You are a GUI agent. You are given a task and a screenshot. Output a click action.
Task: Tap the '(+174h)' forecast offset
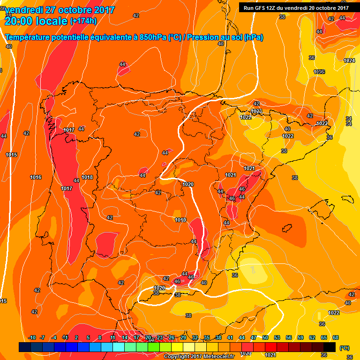[x=83, y=21]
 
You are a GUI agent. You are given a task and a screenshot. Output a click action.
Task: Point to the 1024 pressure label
[x=349, y=61]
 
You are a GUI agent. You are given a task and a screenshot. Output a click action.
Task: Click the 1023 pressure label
[x=256, y=111]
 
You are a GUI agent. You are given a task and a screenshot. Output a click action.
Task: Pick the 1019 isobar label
[x=180, y=220]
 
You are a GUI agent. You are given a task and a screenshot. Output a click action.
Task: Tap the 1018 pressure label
[x=87, y=177]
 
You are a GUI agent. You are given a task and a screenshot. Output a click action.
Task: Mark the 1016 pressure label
[x=36, y=177]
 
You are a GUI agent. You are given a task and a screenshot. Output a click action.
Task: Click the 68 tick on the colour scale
[x=336, y=337]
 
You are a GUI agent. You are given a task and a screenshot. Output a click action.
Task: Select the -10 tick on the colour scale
[x=32, y=337]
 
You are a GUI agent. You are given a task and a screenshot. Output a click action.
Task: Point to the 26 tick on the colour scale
[x=172, y=337]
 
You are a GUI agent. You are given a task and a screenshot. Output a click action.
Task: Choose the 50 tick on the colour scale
[x=265, y=337]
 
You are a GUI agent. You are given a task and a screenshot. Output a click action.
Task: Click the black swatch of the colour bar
[x=330, y=347]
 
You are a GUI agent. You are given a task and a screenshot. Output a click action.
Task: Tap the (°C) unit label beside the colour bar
[x=345, y=348]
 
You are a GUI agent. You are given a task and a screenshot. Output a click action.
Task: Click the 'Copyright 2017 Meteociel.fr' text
[x=199, y=356]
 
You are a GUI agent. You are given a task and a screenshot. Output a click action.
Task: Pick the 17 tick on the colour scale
[x=136, y=337]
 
